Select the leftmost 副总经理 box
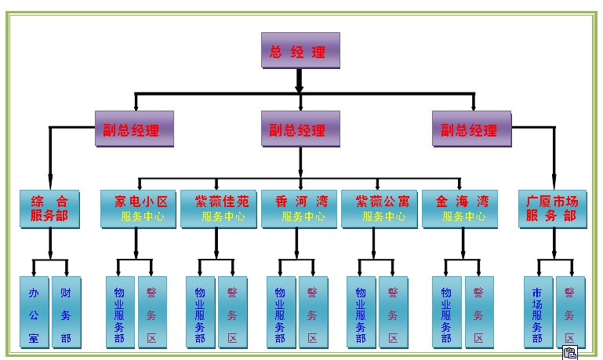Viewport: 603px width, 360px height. point(133,129)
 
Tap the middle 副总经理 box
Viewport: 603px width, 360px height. point(300,129)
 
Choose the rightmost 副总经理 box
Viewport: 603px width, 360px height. point(471,129)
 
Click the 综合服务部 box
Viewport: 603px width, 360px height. point(50,209)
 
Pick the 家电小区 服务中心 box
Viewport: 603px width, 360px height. point(139,209)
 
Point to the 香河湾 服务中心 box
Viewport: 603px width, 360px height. point(300,209)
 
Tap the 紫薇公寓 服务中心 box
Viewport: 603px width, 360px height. point(380,209)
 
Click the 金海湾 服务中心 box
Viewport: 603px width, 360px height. point(460,209)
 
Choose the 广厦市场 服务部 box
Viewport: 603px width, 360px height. point(554,209)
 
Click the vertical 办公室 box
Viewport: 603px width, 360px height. point(35,311)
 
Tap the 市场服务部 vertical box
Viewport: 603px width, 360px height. point(538,311)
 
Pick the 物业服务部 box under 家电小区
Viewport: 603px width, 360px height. point(120,311)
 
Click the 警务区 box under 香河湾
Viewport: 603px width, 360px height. point(313,311)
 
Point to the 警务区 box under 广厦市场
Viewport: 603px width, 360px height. point(570,311)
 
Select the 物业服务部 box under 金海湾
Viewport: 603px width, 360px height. point(447,311)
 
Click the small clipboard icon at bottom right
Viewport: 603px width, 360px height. point(569,353)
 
